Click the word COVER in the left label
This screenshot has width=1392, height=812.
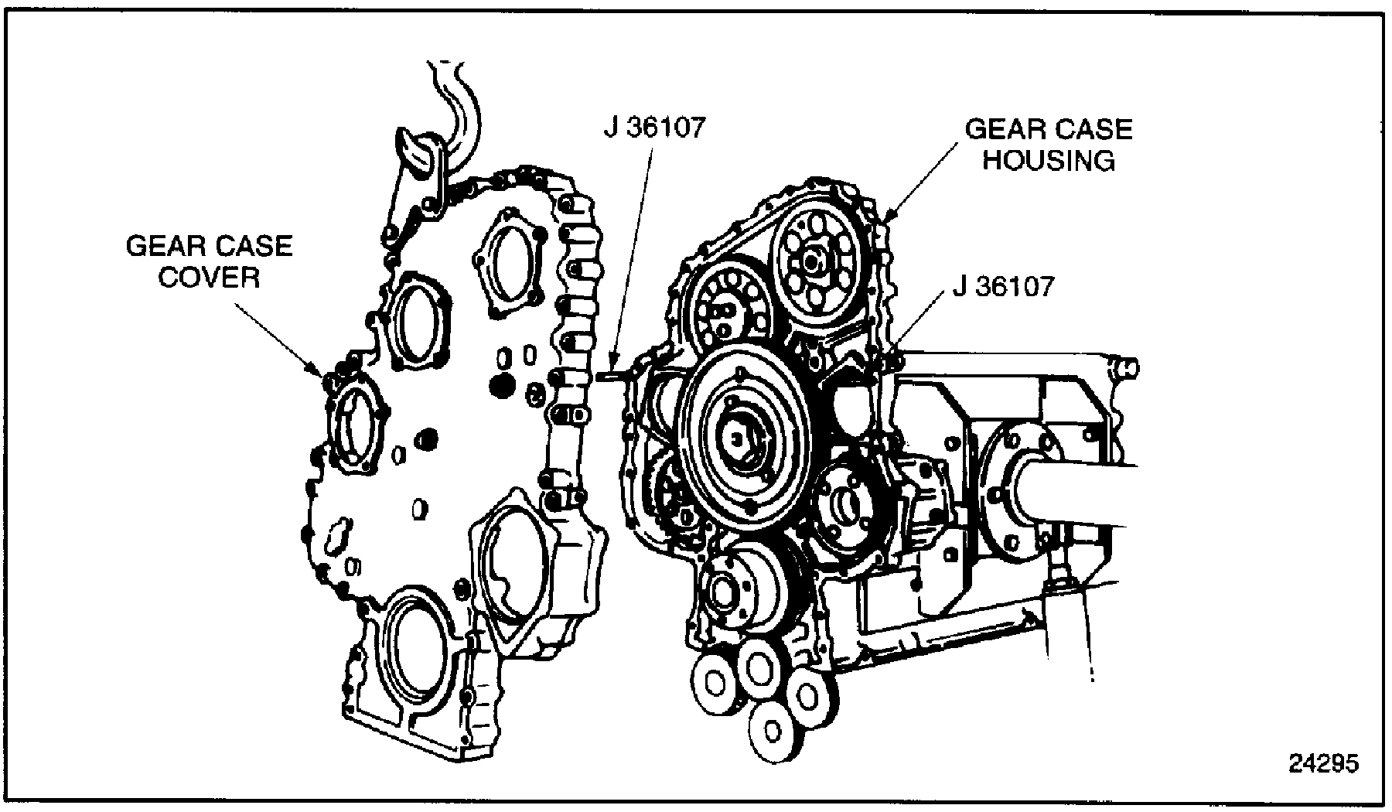tap(209, 277)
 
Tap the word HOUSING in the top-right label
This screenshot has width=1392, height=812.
tap(1049, 160)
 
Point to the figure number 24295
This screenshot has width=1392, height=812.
tap(1323, 763)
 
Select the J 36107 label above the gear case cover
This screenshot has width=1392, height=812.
tap(655, 128)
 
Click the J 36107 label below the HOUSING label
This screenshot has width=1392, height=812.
tap(1003, 287)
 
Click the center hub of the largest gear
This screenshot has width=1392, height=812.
tap(739, 441)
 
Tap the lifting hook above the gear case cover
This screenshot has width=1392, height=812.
tap(418, 155)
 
